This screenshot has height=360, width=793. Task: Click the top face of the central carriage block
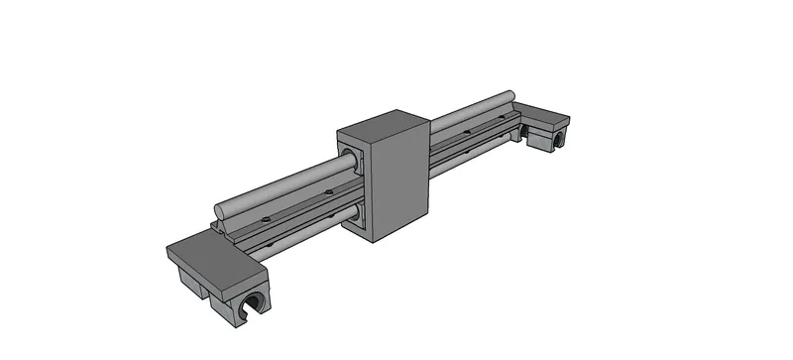[383, 126]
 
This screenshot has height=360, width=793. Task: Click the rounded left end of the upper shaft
[220, 211]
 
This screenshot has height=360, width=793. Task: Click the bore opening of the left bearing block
[255, 303]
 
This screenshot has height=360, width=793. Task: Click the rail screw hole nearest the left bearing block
[266, 217]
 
